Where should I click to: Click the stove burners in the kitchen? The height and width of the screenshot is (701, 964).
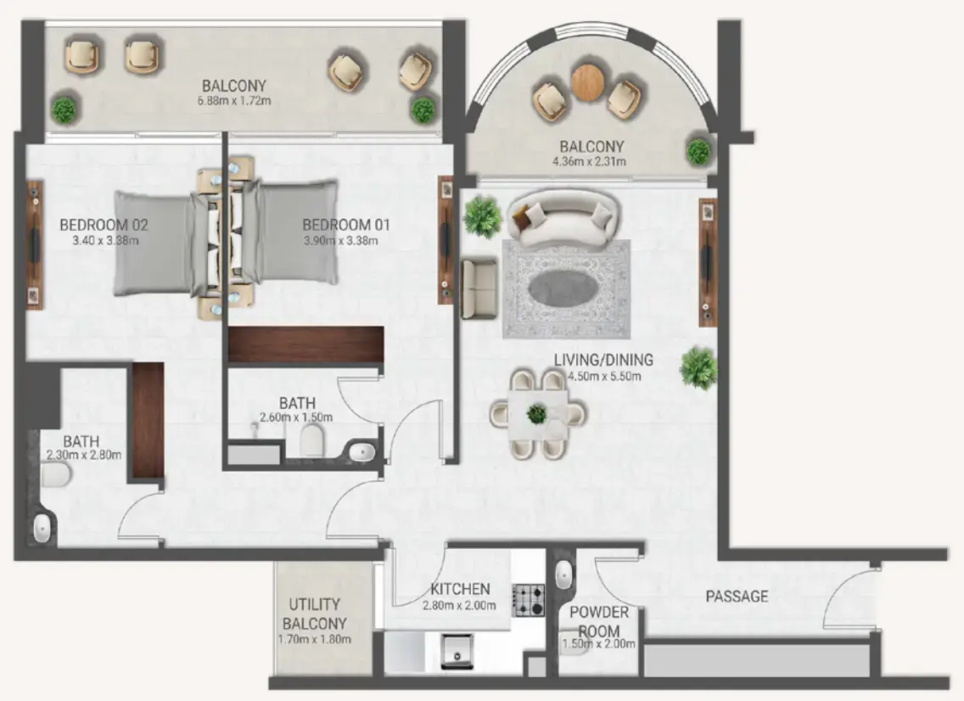(x=527, y=600)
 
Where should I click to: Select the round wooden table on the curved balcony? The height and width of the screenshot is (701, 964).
(x=587, y=83)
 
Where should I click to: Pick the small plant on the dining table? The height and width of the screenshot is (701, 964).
(x=536, y=414)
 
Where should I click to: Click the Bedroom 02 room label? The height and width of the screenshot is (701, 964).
(x=104, y=225)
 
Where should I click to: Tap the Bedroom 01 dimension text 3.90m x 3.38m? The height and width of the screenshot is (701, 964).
(x=340, y=241)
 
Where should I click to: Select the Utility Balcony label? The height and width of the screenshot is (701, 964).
(x=314, y=614)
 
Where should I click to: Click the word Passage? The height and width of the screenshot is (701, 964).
(x=737, y=597)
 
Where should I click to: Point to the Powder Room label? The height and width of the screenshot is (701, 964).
(x=599, y=621)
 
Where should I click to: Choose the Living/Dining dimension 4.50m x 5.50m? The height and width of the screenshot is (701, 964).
(x=603, y=376)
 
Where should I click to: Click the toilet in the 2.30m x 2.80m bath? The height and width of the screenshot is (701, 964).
(x=55, y=477)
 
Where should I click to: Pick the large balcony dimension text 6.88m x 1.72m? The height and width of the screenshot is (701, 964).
(x=234, y=102)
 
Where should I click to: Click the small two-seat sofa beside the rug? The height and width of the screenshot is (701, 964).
(x=479, y=289)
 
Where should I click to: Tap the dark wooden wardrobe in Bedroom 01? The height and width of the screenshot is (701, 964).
(x=305, y=345)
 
